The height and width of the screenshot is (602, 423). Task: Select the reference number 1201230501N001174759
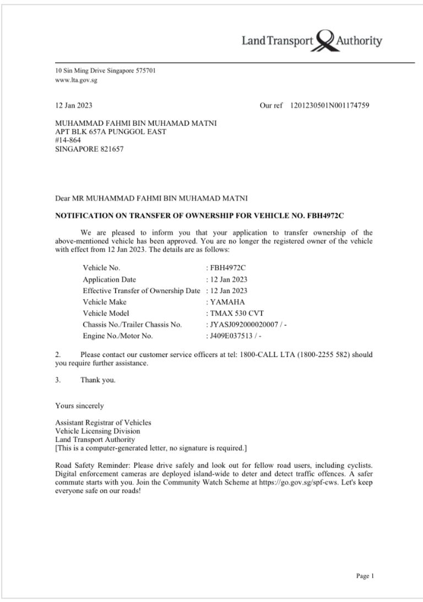329,106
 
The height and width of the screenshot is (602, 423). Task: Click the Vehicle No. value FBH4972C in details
227,268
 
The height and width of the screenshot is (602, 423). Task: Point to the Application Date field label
109,279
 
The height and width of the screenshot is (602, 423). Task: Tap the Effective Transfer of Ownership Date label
142,290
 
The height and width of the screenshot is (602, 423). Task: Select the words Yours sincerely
79,406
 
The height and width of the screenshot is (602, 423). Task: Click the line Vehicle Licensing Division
97,431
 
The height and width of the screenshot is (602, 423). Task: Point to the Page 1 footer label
365,576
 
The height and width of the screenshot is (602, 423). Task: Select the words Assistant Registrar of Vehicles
103,422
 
